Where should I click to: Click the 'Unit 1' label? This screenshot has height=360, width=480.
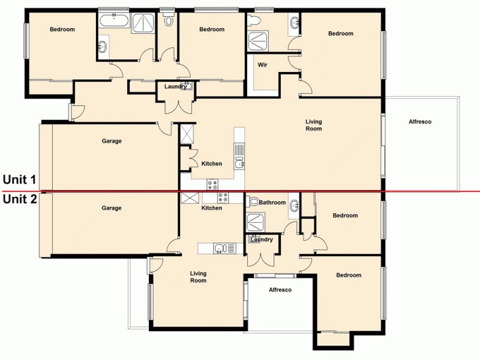pyautogui.click(x=19, y=179)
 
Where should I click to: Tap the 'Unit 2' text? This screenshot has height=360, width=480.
pyautogui.click(x=19, y=199)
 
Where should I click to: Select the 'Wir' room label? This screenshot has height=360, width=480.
pyautogui.click(x=262, y=65)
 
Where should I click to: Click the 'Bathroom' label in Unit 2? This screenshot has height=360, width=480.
pyautogui.click(x=272, y=203)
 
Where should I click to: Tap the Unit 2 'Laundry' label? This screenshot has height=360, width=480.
pyautogui.click(x=262, y=240)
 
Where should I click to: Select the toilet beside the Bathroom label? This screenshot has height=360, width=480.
pyautogui.click(x=253, y=203)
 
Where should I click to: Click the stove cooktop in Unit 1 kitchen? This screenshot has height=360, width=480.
pyautogui.click(x=212, y=184)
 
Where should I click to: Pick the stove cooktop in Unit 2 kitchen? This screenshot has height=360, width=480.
pyautogui.click(x=223, y=197)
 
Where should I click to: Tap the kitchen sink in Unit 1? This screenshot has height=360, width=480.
pyautogui.click(x=239, y=162)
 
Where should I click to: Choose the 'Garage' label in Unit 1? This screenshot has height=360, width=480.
pyautogui.click(x=112, y=142)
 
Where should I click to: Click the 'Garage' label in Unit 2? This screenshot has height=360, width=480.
pyautogui.click(x=112, y=208)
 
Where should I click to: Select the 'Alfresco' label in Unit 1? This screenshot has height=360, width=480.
pyautogui.click(x=419, y=122)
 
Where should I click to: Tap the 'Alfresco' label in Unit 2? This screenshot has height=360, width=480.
pyautogui.click(x=280, y=290)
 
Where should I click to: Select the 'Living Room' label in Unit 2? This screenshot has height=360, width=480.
pyautogui.click(x=198, y=277)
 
